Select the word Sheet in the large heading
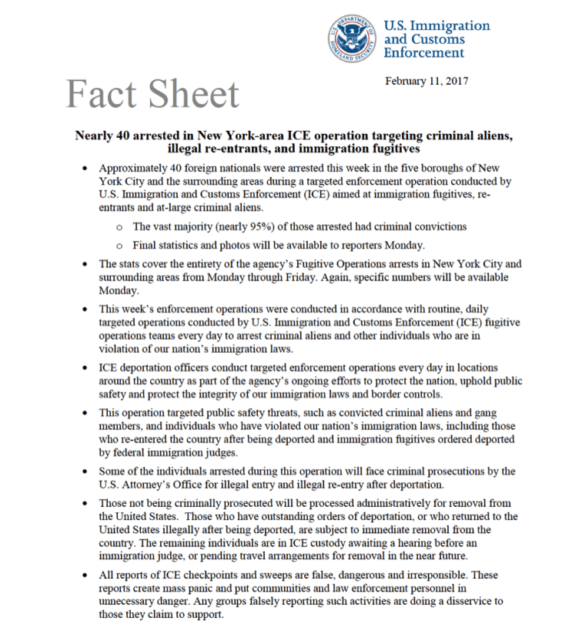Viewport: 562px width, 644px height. [x=192, y=95]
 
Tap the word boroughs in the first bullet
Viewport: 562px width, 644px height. [x=428, y=168]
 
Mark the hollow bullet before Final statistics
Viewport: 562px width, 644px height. [x=118, y=245]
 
